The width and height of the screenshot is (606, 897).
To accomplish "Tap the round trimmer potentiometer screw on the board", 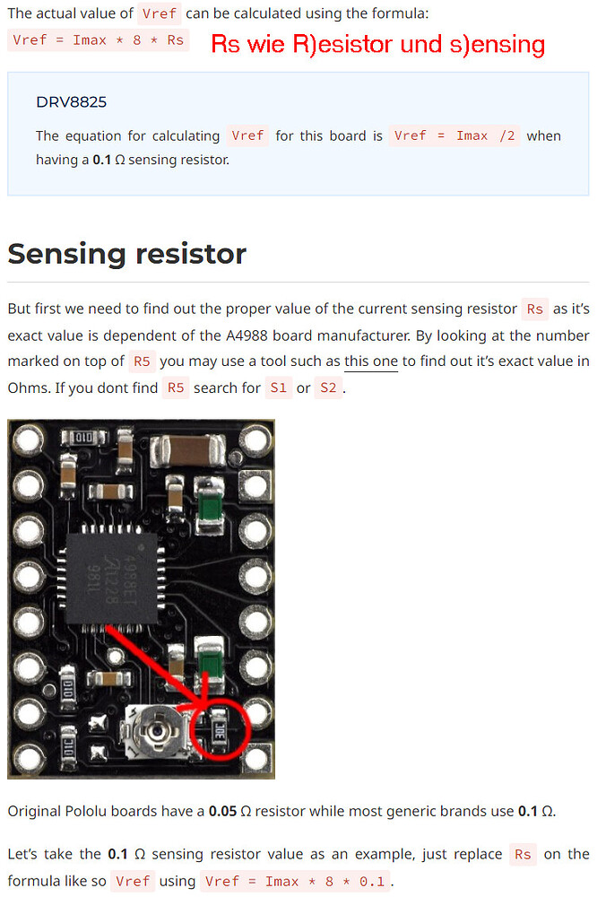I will click(x=158, y=731).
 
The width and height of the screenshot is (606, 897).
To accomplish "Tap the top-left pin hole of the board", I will click(x=27, y=440).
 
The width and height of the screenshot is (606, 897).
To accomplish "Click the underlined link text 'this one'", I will click(x=371, y=361).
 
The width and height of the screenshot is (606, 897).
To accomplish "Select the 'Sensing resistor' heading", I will click(x=126, y=254).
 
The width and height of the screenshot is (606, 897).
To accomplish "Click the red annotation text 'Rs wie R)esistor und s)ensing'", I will click(x=377, y=43).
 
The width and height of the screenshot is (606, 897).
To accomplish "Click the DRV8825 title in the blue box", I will click(x=71, y=101).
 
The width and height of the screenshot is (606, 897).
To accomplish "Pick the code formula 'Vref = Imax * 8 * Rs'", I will click(x=98, y=40).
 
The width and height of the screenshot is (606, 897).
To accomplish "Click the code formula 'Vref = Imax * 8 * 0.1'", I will click(x=294, y=881).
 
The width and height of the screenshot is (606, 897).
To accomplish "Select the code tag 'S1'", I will click(x=278, y=388).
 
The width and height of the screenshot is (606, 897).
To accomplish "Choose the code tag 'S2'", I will click(x=328, y=388).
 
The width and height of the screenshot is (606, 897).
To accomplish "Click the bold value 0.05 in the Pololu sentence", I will click(x=224, y=811).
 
